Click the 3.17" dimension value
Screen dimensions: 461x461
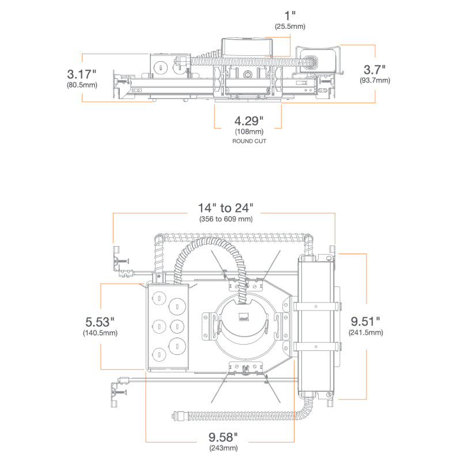pos(81,74)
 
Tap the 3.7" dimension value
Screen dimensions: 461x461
pos(375,70)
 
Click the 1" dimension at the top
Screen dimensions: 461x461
pos(289,14)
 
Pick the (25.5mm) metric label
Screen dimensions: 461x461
pos(289,27)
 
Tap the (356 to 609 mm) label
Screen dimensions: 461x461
pos(225,219)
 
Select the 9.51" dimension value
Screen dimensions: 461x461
pos(365,321)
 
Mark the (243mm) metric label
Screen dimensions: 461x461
pos(225,448)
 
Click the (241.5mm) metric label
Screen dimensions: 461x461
pos(365,332)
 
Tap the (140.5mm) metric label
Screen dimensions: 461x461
pos(100,332)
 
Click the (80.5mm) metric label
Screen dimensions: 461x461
pos(82,85)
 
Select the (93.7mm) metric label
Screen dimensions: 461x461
pos(375,81)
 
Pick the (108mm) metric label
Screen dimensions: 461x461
pos(248,132)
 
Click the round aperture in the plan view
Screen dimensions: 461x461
pos(244,326)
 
